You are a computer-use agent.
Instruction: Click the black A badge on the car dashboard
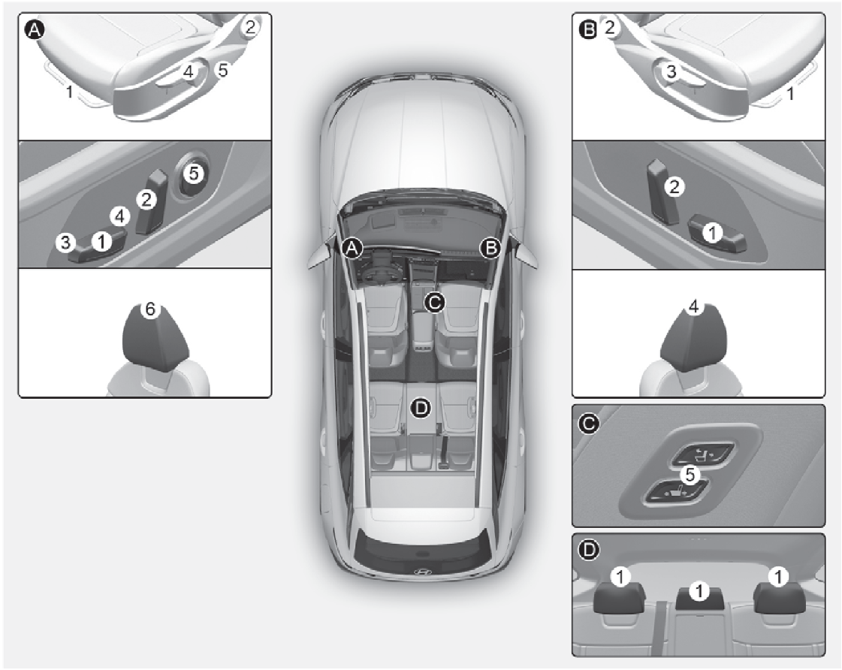point(350,248)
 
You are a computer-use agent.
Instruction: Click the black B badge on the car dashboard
point(490,248)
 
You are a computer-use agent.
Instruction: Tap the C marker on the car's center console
point(434,302)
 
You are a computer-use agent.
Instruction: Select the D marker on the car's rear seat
point(421,407)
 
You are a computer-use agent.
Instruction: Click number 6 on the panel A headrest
point(150,309)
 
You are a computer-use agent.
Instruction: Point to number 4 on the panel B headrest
point(694,307)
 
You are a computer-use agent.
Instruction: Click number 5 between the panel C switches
point(690,475)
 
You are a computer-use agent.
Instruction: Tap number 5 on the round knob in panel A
point(193,174)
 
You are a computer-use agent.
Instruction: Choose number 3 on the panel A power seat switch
point(66,242)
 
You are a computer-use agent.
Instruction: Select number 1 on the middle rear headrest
point(699,591)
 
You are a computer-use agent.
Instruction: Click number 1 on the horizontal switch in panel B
point(711,234)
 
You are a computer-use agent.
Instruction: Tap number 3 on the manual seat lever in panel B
point(672,71)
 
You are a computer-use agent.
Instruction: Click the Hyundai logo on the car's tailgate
point(421,571)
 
